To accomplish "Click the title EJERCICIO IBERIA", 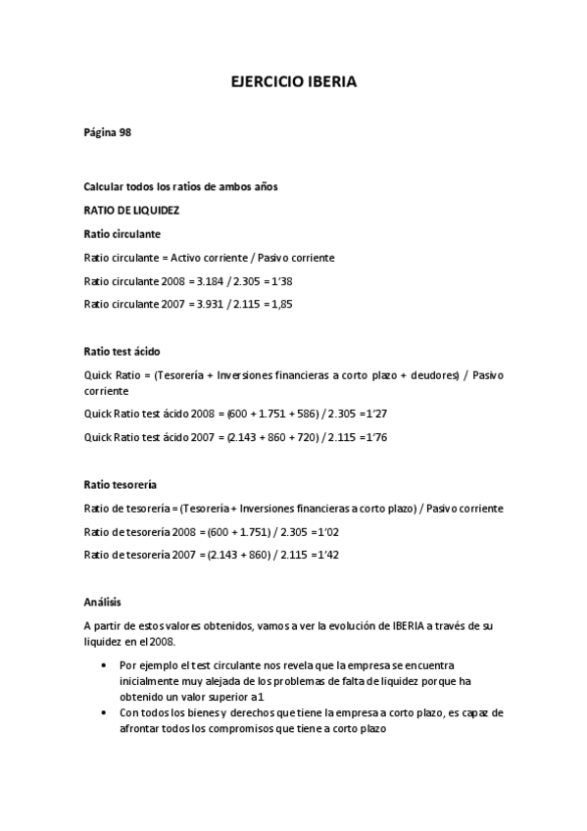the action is (293, 83).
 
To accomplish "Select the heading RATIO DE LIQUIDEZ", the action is (131, 210).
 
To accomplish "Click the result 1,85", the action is (280, 304).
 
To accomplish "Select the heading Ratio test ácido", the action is (122, 351).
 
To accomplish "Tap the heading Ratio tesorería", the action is (121, 484).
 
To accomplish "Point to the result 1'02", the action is (325, 531).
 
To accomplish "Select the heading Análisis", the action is (103, 602).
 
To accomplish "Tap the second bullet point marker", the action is (104, 713).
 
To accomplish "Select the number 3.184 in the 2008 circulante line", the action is (213, 281).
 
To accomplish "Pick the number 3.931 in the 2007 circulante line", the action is (213, 304).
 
